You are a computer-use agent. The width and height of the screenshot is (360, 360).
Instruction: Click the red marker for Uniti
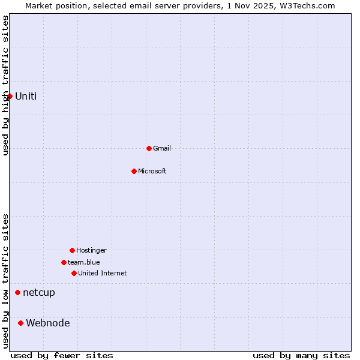pyautogui.click(x=10, y=96)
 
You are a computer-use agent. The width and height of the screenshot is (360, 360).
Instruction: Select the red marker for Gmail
pyautogui.click(x=149, y=148)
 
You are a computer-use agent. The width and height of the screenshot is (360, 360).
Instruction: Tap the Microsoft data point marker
pyautogui.click(x=134, y=171)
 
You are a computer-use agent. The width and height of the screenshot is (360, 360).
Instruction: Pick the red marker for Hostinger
pyautogui.click(x=72, y=250)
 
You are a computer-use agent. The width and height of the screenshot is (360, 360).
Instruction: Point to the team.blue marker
pyautogui.click(x=64, y=262)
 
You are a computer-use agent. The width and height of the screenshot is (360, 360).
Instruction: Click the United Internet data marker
pyautogui.click(x=74, y=273)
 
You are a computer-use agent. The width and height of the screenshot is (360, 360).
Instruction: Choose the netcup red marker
pyautogui.click(x=17, y=293)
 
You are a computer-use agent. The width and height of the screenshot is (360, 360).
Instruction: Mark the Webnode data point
pyautogui.click(x=20, y=323)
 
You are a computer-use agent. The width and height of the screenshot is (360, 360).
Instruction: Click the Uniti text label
pyautogui.click(x=26, y=96)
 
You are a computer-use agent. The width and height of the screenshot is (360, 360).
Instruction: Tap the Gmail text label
pyautogui.click(x=162, y=148)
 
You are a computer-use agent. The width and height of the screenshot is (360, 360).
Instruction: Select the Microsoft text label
pyautogui.click(x=152, y=171)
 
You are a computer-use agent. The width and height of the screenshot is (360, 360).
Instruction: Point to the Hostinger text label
pyautogui.click(x=91, y=250)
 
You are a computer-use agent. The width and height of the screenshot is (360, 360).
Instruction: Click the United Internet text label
pyautogui.click(x=103, y=273)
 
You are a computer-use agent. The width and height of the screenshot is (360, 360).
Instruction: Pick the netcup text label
pyautogui.click(x=39, y=293)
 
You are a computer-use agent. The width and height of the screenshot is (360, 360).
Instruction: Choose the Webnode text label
pyautogui.click(x=48, y=323)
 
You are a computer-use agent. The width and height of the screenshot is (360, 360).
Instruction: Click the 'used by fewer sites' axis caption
pyautogui.click(x=62, y=355)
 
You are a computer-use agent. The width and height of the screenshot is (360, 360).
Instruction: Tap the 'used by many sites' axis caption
pyautogui.click(x=301, y=355)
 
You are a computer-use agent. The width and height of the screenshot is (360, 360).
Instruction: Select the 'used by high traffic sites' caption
pyautogui.click(x=5, y=85)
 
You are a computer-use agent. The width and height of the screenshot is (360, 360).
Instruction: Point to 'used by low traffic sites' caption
pyautogui.click(x=5, y=281)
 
